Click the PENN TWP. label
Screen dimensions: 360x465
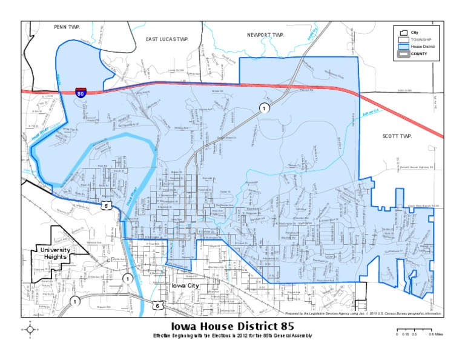click(67, 27)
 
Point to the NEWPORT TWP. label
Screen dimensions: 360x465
click(265, 35)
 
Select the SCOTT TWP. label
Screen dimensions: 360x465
click(397, 136)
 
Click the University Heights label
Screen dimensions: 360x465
click(55, 254)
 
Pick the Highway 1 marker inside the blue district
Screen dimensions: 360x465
click(264, 108)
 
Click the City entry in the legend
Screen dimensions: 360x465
click(415, 32)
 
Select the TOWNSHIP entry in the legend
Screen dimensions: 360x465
click(421, 39)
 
